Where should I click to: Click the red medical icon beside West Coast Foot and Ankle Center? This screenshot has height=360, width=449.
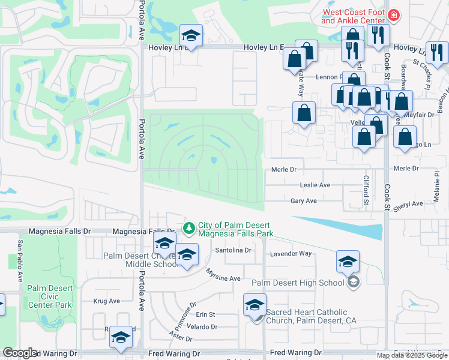click(x=394, y=15)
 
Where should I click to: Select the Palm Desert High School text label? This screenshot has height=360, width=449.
click(x=298, y=283)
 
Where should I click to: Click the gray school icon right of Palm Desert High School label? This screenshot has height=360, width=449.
click(x=354, y=282)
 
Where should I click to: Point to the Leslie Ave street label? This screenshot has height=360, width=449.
click(x=315, y=185)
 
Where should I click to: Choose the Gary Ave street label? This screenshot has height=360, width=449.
click(x=303, y=202)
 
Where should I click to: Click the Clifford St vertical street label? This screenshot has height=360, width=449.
click(x=366, y=189)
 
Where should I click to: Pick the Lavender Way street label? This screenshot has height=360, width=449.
click(x=291, y=253)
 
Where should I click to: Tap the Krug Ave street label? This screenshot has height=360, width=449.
click(x=107, y=301)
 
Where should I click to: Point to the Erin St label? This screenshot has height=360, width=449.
click(x=205, y=314)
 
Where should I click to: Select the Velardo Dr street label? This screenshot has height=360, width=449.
click(x=202, y=327)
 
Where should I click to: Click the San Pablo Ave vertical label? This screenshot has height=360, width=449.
click(x=20, y=262)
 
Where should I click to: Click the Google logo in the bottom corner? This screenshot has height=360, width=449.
click(x=20, y=353)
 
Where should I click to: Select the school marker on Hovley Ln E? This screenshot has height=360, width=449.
click(x=191, y=36)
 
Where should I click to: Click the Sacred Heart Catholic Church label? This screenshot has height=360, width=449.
click(x=311, y=316)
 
